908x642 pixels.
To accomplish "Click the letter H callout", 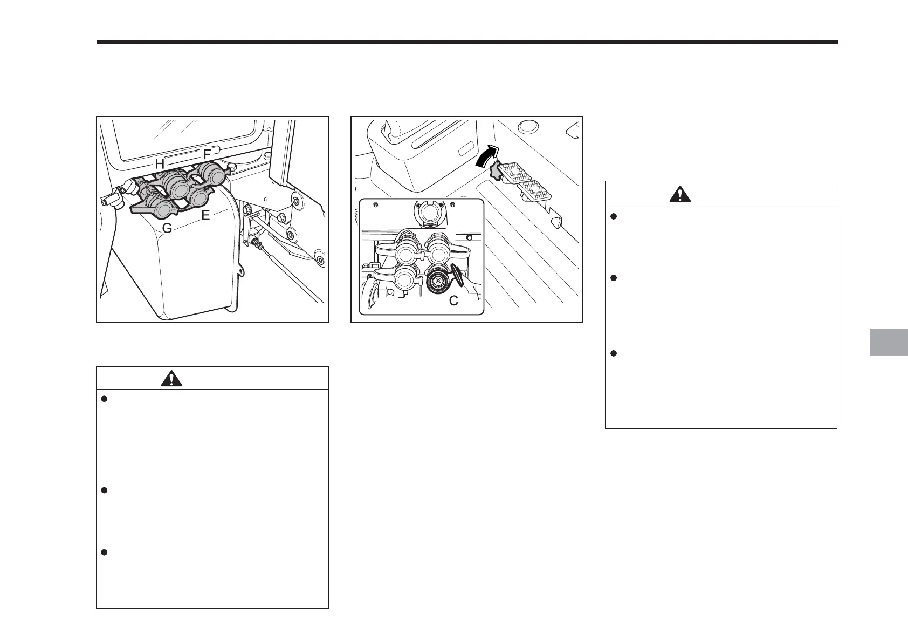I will (160, 163).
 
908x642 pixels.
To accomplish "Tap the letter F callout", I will (207, 155).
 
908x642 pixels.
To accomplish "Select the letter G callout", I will (167, 229).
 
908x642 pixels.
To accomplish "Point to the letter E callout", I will (205, 216).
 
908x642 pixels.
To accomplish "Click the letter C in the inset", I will (453, 301).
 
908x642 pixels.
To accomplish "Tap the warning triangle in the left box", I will (171, 379).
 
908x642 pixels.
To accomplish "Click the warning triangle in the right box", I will (680, 194).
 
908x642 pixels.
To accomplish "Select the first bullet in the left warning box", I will (105, 399).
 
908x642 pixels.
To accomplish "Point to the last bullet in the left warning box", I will (105, 552).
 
